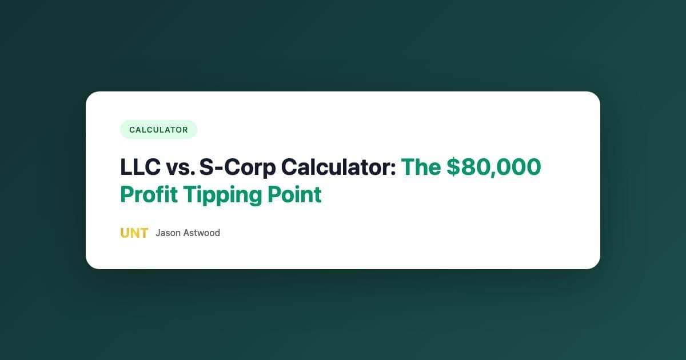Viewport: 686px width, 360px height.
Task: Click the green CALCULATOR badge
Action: [158, 130]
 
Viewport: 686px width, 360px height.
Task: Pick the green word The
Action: [421, 167]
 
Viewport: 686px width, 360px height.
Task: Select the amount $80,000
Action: [493, 167]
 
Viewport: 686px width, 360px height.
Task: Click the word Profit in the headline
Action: [149, 195]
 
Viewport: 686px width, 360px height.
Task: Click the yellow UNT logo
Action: [134, 233]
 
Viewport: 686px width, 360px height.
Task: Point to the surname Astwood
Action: [201, 233]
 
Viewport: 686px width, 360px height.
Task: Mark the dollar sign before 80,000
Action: [453, 167]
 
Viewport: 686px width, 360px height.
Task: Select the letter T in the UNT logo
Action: [143, 233]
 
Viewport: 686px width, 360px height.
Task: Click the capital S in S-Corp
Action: [209, 167]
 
